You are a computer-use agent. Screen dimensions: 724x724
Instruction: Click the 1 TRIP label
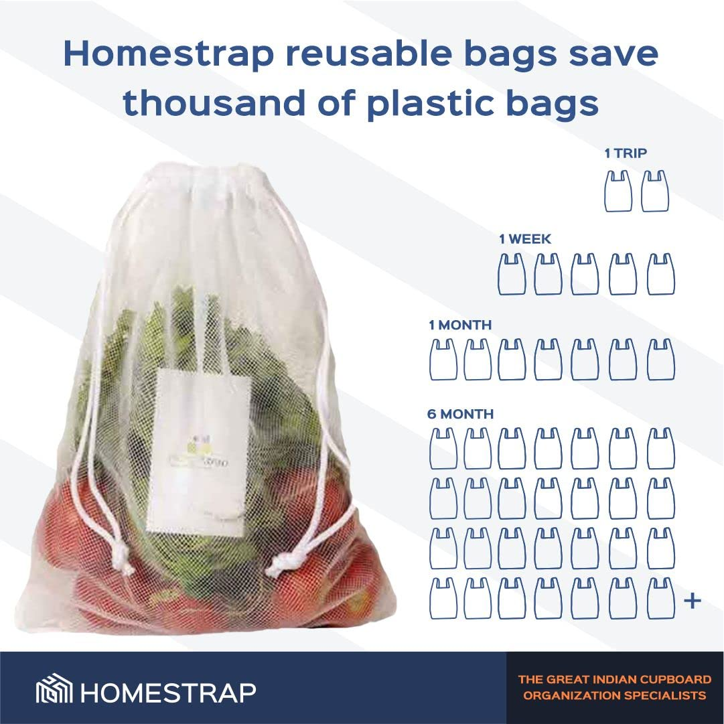(626, 153)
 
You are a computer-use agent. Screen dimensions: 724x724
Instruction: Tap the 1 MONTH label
(460, 325)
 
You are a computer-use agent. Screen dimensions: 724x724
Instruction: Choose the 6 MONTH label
(460, 414)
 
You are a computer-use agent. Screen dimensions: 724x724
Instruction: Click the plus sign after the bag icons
(692, 601)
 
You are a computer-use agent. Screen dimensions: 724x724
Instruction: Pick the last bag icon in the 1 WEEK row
(660, 274)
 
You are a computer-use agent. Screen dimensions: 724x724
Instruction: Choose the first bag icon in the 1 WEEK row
(512, 274)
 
